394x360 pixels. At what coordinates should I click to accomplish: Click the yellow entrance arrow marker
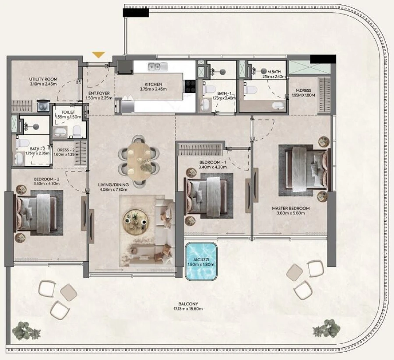click(x=99, y=55)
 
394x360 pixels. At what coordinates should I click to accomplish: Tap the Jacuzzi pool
click(x=201, y=262)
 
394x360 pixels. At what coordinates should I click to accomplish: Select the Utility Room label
click(x=43, y=79)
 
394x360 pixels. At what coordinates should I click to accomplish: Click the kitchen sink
click(x=156, y=67)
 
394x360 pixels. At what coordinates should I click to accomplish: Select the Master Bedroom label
click(x=290, y=208)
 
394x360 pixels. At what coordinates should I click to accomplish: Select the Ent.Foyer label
click(x=99, y=93)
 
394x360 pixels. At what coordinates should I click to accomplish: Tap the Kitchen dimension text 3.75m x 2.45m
click(x=154, y=89)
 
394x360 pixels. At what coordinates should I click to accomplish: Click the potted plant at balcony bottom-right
click(x=325, y=328)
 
